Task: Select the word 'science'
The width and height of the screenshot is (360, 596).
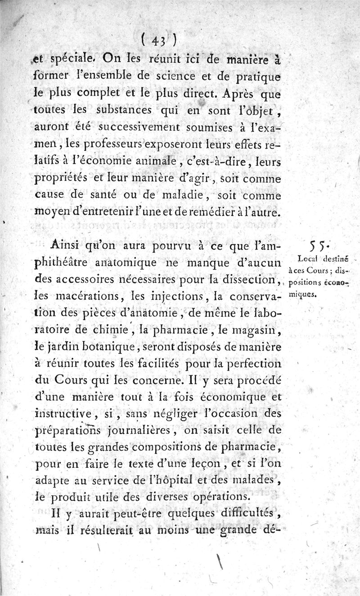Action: (x=173, y=76)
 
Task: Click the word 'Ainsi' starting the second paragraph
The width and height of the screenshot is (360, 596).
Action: (x=65, y=246)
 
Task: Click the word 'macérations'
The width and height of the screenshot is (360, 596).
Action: (x=83, y=298)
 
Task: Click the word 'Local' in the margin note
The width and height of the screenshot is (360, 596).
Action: (x=309, y=258)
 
